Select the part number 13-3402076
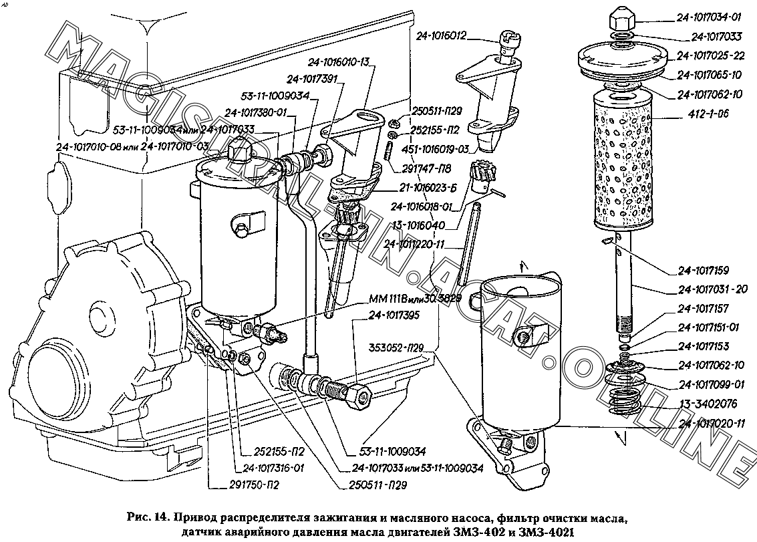tap(709, 404)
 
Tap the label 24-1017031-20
tap(712, 289)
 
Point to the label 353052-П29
tap(400, 348)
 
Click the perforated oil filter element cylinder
tap(623, 160)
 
